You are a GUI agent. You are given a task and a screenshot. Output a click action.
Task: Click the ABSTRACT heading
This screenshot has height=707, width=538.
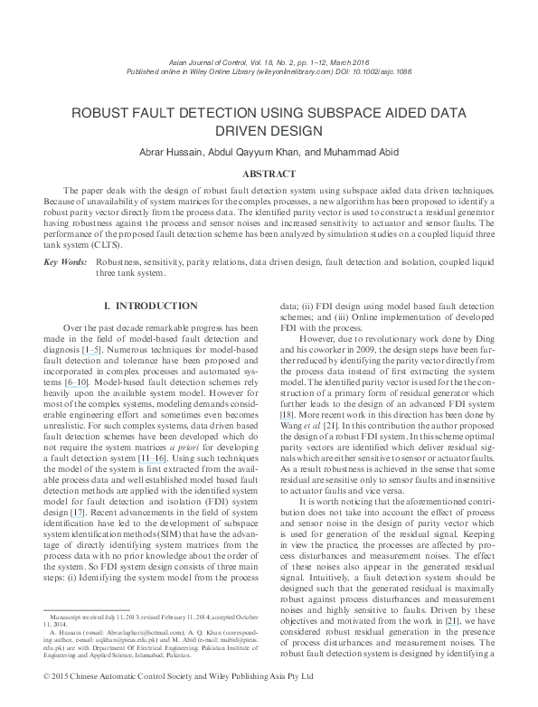click(x=269, y=174)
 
